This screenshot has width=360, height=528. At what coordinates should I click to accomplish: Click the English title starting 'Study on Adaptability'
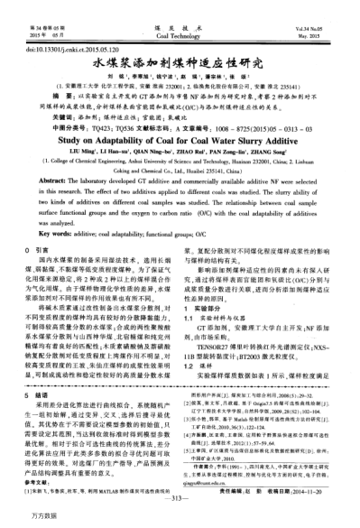click(180, 142)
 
